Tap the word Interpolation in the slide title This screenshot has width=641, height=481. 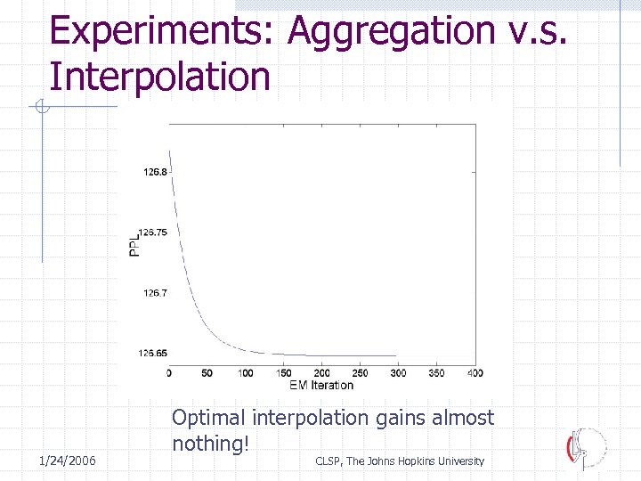pyautogui.click(x=160, y=76)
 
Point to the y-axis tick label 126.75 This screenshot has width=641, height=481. pyautogui.click(x=153, y=232)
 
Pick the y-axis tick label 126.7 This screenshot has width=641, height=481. pyautogui.click(x=155, y=292)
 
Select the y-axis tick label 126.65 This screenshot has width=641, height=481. pyautogui.click(x=153, y=353)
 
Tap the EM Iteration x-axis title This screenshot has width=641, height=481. pyautogui.click(x=321, y=385)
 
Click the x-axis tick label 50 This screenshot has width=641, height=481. pyautogui.click(x=207, y=373)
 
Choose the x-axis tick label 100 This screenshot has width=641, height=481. pyautogui.click(x=246, y=373)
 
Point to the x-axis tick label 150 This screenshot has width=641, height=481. pyautogui.click(x=284, y=373)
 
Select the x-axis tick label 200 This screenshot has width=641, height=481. pyautogui.click(x=322, y=373)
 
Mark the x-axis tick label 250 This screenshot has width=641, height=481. pyautogui.click(x=361, y=373)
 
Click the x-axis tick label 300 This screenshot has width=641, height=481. pyautogui.click(x=399, y=373)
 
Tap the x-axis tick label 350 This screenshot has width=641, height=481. pyautogui.click(x=437, y=373)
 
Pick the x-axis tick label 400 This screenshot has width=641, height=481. pyautogui.click(x=475, y=373)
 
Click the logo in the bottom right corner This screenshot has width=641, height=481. pyautogui.click(x=586, y=447)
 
